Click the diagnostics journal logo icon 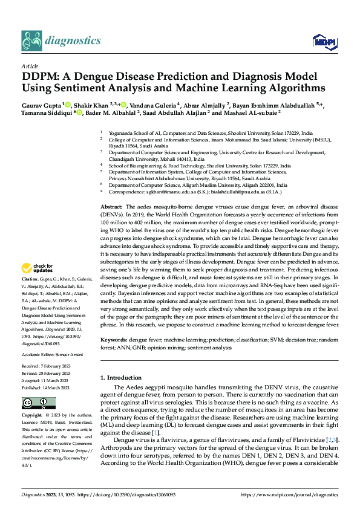pyautogui.click(x=33, y=40)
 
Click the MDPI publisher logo pyautogui.click(x=322, y=41)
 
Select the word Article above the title pyautogui.click(x=30, y=66)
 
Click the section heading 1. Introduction pyautogui.click(x=125, y=378)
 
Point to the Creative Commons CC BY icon pyautogui.click(x=38, y=403)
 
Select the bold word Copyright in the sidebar pyautogui.click(x=31, y=416)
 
